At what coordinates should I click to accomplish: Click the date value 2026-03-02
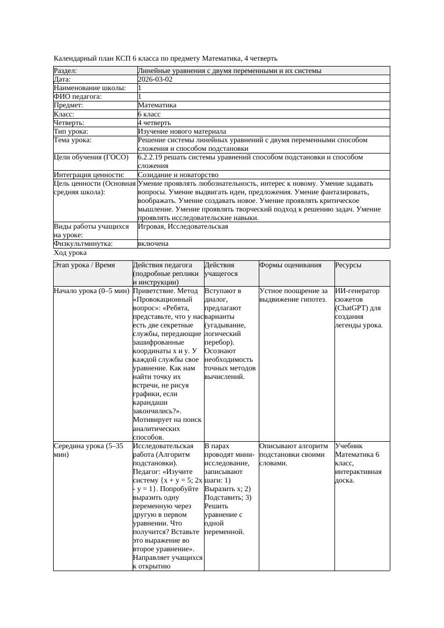pyautogui.click(x=155, y=79)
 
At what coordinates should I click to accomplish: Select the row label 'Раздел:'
pyautogui.click(x=65, y=70)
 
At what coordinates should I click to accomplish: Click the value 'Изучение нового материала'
pyautogui.click(x=182, y=132)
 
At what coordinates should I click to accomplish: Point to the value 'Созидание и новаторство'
pyautogui.click(x=178, y=175)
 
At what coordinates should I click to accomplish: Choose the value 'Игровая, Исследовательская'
pyautogui.click(x=183, y=227)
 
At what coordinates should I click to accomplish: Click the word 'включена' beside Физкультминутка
pyautogui.click(x=153, y=244)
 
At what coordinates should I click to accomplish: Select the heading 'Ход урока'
pyautogui.click(x=70, y=253)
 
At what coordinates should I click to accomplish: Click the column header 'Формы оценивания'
pyautogui.click(x=290, y=265)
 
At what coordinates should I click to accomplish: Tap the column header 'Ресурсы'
pyautogui.click(x=348, y=265)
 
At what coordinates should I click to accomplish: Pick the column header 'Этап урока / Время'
pyautogui.click(x=84, y=265)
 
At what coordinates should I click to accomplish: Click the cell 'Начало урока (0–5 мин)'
pyautogui.click(x=92, y=291)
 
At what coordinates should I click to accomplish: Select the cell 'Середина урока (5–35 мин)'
pyautogui.click(x=89, y=450)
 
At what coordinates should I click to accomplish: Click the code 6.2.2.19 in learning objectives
pyautogui.click(x=151, y=157)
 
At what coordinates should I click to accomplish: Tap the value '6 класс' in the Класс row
pyautogui.click(x=149, y=114)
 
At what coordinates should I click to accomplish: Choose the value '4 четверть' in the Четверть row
pyautogui.click(x=154, y=123)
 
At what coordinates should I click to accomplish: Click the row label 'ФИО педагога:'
pyautogui.click(x=78, y=97)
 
